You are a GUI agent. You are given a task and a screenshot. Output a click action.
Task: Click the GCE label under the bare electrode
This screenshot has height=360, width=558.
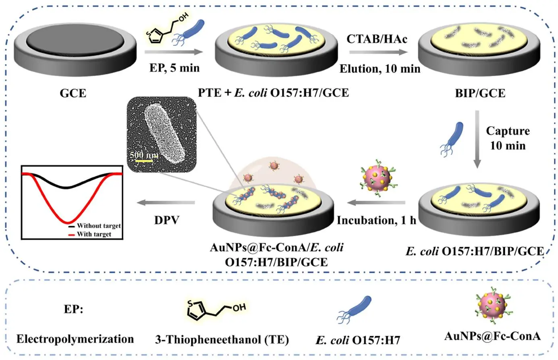73,93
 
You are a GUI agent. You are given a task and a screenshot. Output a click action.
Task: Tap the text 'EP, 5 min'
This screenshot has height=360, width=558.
174,67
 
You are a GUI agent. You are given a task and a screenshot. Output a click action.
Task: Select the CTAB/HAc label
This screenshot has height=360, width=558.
377,39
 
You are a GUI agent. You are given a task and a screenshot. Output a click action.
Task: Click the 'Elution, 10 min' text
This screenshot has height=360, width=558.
380,69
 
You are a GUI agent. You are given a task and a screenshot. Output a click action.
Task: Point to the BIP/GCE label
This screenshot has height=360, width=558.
479,94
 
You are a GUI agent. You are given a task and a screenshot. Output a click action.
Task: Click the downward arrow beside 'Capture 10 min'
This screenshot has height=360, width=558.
477,139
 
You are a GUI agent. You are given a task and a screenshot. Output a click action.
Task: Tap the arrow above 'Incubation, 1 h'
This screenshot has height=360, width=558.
376,202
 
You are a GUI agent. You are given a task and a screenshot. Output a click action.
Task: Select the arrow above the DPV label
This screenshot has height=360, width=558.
166,202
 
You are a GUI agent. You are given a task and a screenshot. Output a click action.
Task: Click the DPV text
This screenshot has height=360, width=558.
166,220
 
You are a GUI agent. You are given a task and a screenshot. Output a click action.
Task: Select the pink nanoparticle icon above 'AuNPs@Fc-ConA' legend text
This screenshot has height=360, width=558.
493,306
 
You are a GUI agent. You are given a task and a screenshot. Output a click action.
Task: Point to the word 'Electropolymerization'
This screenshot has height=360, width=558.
75,339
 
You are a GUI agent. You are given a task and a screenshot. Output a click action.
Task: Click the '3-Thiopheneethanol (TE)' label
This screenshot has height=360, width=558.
222,340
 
